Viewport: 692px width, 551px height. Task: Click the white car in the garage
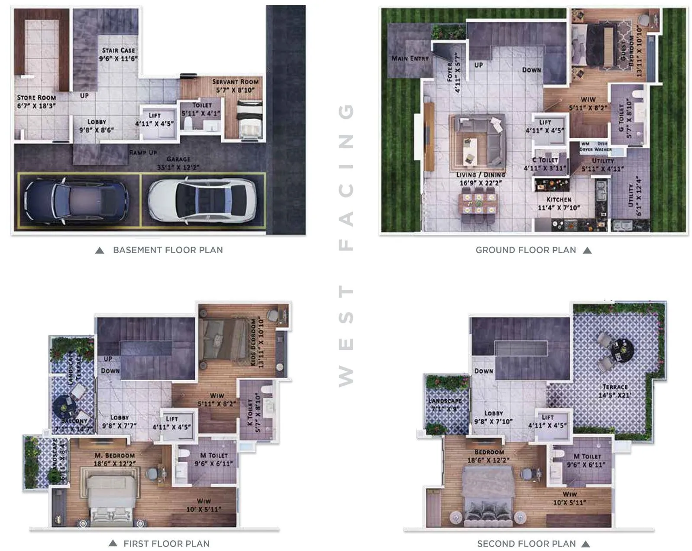[x=202, y=200]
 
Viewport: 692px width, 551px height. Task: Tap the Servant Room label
[x=235, y=85]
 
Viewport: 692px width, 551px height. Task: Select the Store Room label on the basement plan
[x=36, y=101]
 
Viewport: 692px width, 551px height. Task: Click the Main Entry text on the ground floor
[x=410, y=58]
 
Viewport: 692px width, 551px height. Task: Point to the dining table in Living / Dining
[x=478, y=204]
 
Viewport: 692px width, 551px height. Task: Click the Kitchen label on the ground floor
[x=559, y=203]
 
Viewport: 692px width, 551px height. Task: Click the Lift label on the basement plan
[x=155, y=119]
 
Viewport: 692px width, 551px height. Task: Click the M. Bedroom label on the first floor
[x=115, y=459]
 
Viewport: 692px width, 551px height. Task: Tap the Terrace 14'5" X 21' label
[x=615, y=391]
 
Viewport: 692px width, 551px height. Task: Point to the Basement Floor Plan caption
[x=168, y=250]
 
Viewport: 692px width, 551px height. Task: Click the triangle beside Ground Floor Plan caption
[x=587, y=250]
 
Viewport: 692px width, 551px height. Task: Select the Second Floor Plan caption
[x=526, y=544]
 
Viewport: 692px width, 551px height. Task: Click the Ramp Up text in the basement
[x=143, y=153]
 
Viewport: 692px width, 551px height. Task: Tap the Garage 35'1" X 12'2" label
[x=178, y=163]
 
